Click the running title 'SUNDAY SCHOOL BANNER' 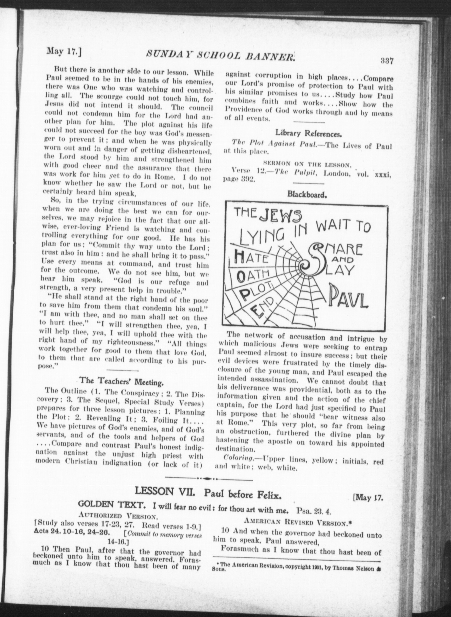pos(220,55)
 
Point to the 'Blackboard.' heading pos(307,194)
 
